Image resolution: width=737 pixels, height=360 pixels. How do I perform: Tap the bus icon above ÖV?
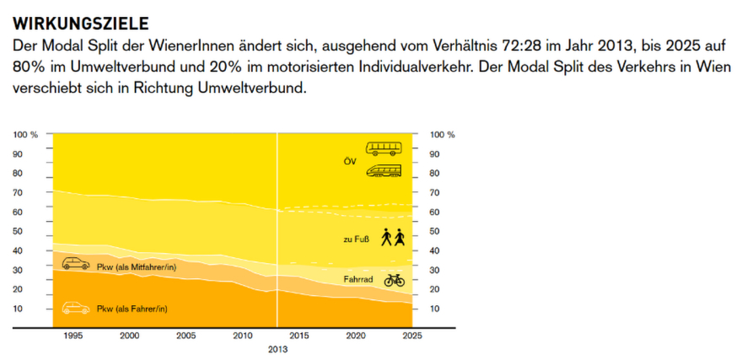point(384,148)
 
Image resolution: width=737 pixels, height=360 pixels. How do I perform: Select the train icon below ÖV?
point(384,171)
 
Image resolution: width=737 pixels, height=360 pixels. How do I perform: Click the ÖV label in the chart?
point(352,159)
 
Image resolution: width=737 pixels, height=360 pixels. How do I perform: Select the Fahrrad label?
point(359,279)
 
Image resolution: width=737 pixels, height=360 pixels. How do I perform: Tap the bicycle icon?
point(394,279)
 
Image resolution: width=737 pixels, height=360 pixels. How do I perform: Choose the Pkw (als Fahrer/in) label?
point(132,309)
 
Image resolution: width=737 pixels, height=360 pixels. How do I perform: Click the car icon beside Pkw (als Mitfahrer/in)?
point(76,264)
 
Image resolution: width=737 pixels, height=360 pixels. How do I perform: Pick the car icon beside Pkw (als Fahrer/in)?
point(76,307)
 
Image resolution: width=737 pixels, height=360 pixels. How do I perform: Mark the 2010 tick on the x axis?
point(243,336)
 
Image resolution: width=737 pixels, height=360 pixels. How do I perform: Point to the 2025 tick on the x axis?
point(413,336)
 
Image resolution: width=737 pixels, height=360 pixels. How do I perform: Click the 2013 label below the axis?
point(277,348)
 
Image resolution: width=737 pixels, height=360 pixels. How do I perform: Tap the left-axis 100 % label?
point(26,134)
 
